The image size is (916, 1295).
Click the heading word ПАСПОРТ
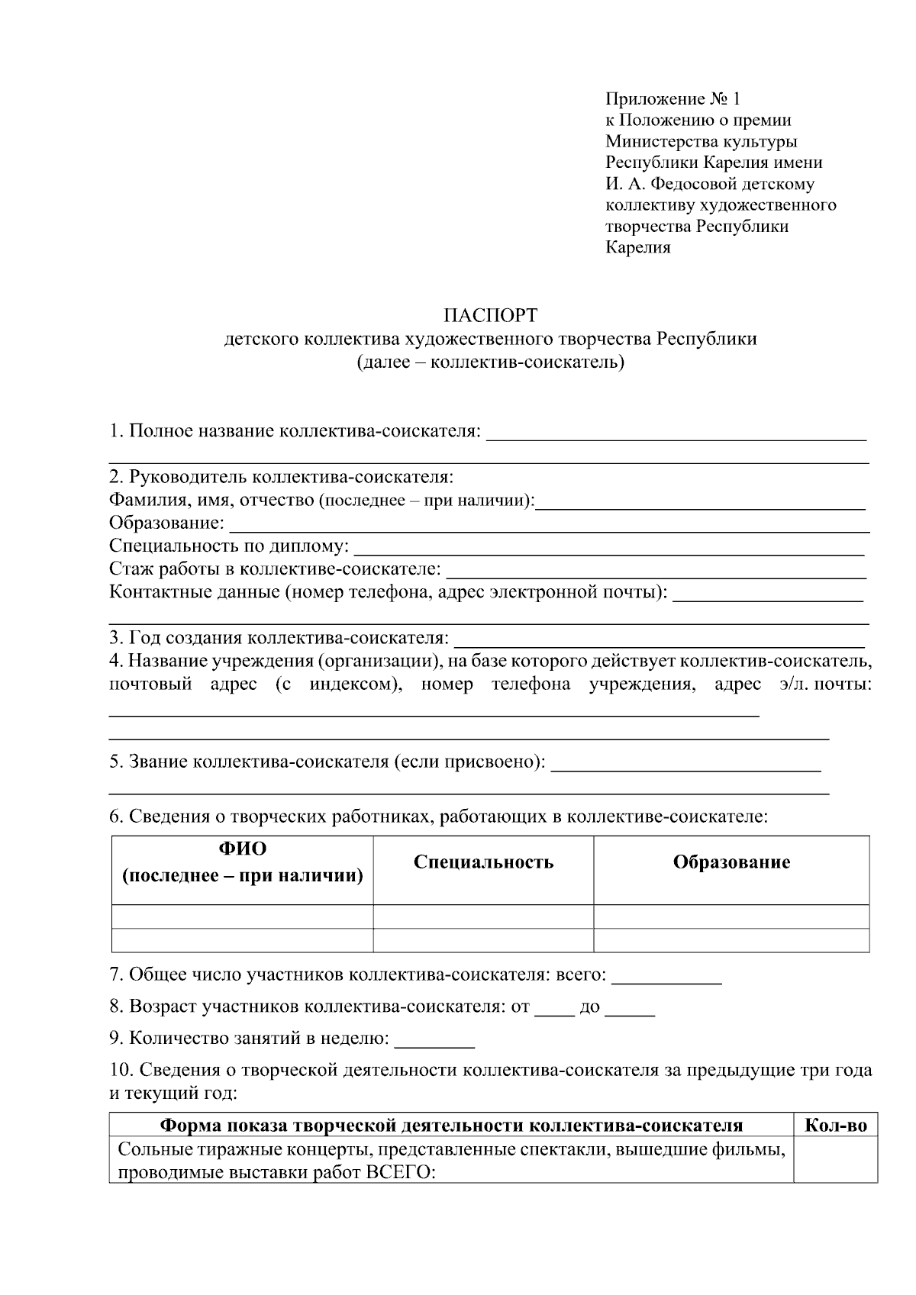(x=490, y=315)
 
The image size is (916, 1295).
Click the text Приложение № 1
(x=672, y=98)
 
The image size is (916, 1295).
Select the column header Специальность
(x=483, y=862)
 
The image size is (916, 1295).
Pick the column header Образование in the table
(x=731, y=862)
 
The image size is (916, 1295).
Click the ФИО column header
(x=243, y=849)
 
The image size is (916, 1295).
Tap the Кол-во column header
(x=836, y=1126)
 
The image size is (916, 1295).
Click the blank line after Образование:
(x=549, y=526)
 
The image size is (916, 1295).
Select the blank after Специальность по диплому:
(x=610, y=549)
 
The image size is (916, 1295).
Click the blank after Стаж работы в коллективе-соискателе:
(x=656, y=572)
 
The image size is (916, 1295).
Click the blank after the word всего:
(x=666, y=978)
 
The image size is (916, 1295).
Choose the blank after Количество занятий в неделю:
(x=434, y=1040)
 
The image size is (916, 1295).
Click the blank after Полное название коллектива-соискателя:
(x=676, y=434)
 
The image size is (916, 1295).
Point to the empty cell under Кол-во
(x=836, y=1160)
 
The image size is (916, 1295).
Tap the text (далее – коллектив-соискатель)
(x=490, y=362)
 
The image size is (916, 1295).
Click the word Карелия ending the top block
(x=637, y=248)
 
